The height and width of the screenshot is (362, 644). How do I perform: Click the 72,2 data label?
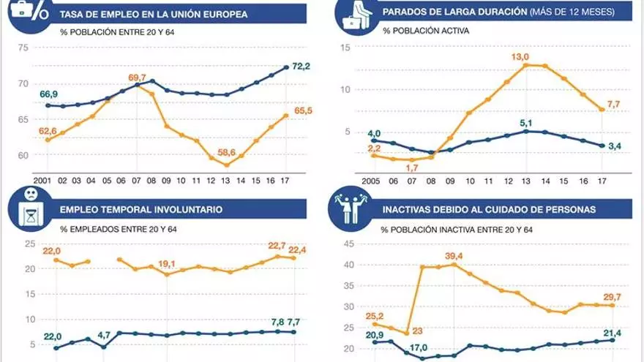click(302, 67)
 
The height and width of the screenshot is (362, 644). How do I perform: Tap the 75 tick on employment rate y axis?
click(23, 48)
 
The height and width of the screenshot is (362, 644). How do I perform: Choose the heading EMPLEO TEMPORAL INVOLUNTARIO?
click(141, 209)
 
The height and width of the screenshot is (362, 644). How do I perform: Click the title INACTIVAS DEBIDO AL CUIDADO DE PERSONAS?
click(489, 209)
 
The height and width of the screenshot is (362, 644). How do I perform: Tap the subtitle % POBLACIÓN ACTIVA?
click(425, 31)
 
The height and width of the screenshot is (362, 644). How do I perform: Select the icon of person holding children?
click(352, 208)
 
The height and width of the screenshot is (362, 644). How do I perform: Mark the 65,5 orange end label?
click(302, 110)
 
